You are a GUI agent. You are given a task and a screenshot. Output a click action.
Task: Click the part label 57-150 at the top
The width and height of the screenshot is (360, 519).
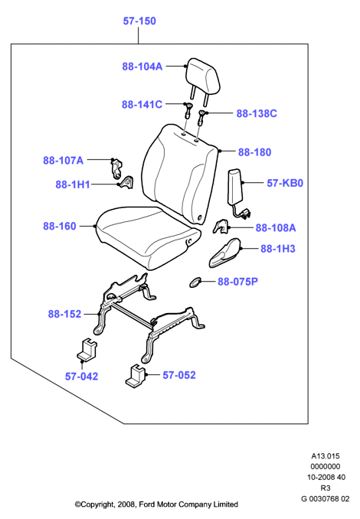(x=139, y=21)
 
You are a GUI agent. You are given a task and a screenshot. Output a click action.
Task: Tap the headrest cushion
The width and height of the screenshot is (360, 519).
(x=203, y=76)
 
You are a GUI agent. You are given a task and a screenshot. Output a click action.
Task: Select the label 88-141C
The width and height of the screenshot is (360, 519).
(x=142, y=105)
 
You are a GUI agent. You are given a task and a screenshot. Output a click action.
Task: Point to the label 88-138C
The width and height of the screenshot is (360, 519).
(x=257, y=113)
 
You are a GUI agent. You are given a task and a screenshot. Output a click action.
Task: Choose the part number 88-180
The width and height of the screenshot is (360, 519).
(x=255, y=152)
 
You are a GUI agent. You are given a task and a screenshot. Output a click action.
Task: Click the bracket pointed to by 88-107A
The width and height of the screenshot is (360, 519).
(x=116, y=169)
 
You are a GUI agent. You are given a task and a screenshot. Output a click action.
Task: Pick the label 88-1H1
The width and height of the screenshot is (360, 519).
(x=73, y=184)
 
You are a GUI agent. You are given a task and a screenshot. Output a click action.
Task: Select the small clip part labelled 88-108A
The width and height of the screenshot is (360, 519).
(x=221, y=227)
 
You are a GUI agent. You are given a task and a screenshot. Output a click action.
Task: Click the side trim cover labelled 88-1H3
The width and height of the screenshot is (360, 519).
(x=225, y=252)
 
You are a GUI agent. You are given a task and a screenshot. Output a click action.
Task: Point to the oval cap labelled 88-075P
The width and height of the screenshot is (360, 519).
(x=195, y=282)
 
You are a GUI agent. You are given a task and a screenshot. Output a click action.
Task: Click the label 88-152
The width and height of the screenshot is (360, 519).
(x=64, y=314)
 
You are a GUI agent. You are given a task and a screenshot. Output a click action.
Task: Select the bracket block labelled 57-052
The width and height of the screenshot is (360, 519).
(x=136, y=376)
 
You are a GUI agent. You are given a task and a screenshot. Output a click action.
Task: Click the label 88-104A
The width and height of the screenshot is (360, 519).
(x=142, y=67)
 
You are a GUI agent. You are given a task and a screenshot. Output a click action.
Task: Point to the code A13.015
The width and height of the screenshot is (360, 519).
(x=326, y=456)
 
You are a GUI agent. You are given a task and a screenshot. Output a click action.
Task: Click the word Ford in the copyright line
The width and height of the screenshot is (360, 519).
(x=146, y=504)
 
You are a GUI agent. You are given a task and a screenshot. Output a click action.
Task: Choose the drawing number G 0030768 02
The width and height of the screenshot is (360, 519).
(x=326, y=499)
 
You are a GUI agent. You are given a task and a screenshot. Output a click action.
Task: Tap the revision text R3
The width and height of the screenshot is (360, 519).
(x=326, y=488)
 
